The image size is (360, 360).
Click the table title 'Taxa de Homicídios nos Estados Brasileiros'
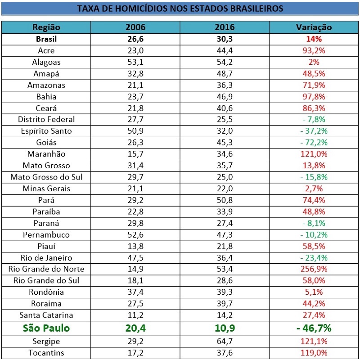pyautogui.click(x=180, y=9)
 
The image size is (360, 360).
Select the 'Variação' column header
pyautogui.click(x=314, y=27)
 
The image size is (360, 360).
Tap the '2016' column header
pyautogui.click(x=225, y=27)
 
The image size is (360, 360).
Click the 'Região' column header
pyautogui.click(x=46, y=27)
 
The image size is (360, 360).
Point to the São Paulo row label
pyautogui.click(x=46, y=328)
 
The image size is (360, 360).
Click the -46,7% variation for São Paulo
pyautogui.click(x=314, y=328)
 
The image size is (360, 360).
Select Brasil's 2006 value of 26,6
pyautogui.click(x=135, y=39)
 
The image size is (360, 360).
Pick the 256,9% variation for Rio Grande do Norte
pyautogui.click(x=314, y=269)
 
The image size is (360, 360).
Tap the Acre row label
pyautogui.click(x=46, y=50)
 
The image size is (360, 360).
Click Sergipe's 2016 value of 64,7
pyautogui.click(x=225, y=341)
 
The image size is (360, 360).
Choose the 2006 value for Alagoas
pyautogui.click(x=135, y=62)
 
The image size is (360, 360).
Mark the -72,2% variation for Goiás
pyautogui.click(x=314, y=143)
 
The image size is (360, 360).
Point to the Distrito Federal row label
pyautogui.click(x=46, y=119)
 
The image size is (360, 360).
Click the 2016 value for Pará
pyautogui.click(x=225, y=200)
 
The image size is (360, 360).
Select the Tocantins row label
pyautogui.click(x=46, y=353)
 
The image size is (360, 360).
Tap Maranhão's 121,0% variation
pyautogui.click(x=314, y=154)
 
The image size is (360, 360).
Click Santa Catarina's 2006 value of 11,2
pyautogui.click(x=135, y=315)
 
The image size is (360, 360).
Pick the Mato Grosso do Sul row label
pyautogui.click(x=46, y=177)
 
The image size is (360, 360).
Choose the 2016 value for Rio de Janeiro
pyautogui.click(x=225, y=258)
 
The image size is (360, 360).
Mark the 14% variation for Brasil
pyautogui.click(x=314, y=39)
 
